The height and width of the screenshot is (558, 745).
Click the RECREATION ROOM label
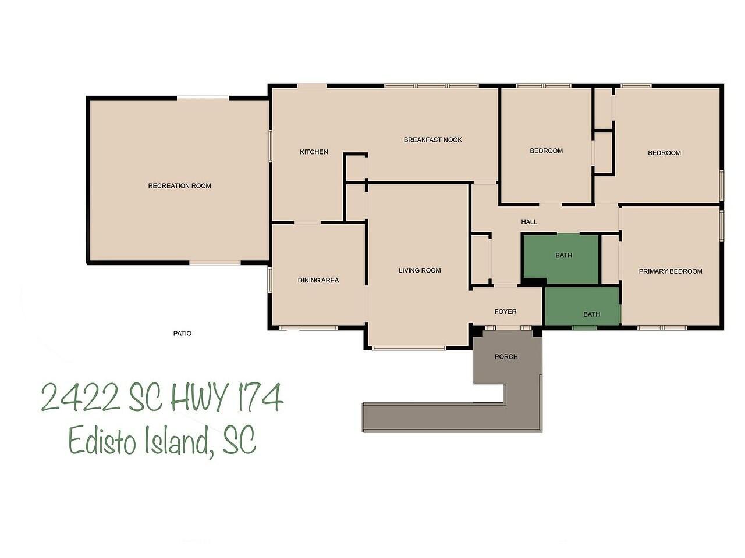[x=179, y=186]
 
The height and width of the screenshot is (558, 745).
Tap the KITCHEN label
[x=314, y=152]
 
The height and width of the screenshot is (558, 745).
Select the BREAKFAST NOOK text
[x=433, y=140]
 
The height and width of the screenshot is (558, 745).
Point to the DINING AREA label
[x=318, y=281]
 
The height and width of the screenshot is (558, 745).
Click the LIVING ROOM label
[x=420, y=270]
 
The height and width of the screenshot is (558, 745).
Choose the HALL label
[x=529, y=222]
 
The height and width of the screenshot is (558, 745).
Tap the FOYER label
[x=505, y=312]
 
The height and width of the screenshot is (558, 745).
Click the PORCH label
[x=506, y=357]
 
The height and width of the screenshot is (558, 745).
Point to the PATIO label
[x=182, y=334]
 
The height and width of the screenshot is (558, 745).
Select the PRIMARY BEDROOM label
[x=670, y=271]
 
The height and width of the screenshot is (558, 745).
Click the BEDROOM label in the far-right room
[x=664, y=153]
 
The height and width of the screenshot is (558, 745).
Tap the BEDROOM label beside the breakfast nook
[x=546, y=151]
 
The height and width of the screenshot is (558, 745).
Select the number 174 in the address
[x=260, y=398]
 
